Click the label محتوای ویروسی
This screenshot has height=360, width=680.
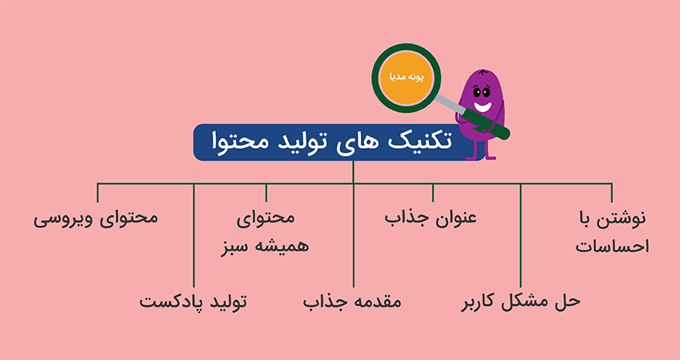pos(96,218)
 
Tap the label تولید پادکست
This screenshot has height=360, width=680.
pos(193,301)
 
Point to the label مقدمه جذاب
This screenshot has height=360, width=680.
pos(352,301)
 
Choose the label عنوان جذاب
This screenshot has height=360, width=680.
pos(430,218)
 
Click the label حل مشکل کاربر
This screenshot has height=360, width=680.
pos(521,301)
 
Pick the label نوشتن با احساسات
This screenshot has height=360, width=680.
pos(612,233)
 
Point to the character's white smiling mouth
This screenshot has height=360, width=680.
pos(482,106)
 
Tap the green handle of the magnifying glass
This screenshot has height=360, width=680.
pos(485,124)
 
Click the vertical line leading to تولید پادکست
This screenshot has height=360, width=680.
pos(194,235)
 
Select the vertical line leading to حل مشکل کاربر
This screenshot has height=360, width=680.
pos(521,235)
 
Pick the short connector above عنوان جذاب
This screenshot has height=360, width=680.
pos(433,193)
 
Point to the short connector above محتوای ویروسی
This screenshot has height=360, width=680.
pos(98,193)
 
